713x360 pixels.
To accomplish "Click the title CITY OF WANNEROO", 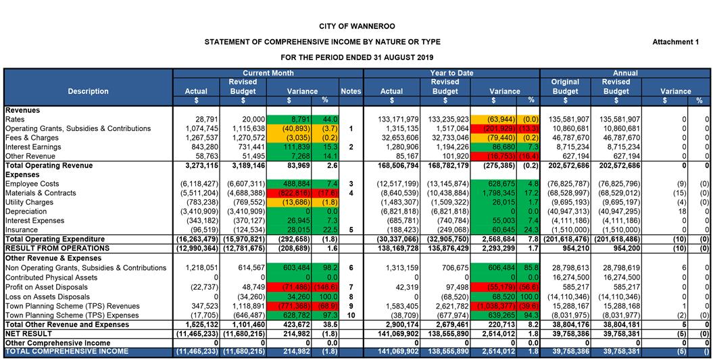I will [356, 26].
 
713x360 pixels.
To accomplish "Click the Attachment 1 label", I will [675, 42].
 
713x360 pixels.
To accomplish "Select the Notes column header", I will [351, 91].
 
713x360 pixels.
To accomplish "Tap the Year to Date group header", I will [451, 73].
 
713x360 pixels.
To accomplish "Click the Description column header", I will [88, 91].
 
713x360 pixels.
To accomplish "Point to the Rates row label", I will [15, 120].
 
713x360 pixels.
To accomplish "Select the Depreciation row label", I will [27, 211].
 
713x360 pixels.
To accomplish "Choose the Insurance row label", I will [22, 230].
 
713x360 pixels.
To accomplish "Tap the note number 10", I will [351, 315].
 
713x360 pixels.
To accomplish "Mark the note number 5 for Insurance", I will [351, 230].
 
